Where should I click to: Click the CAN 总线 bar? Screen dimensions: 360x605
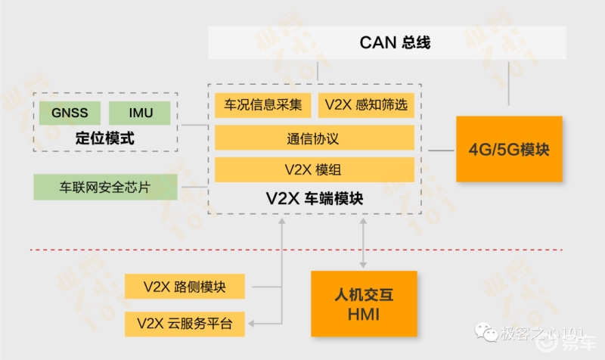[387, 42]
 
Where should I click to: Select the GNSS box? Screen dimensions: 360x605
[70, 113]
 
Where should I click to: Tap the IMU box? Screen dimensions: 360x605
[140, 113]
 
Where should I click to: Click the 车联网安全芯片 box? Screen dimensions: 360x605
[105, 187]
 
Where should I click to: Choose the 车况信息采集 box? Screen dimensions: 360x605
[262, 105]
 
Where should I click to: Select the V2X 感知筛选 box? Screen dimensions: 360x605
[366, 105]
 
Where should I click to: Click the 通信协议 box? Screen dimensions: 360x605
[314, 138]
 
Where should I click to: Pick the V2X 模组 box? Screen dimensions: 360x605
[314, 169]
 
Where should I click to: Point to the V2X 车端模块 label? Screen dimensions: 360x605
[314, 199]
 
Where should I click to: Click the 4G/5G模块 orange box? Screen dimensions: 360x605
[509, 149]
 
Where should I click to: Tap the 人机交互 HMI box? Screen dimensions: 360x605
[364, 303]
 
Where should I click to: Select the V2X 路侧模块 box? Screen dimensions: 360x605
[185, 287]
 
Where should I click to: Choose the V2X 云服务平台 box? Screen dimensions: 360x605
[185, 324]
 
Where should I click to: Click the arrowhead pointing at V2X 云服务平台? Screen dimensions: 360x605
[252, 324]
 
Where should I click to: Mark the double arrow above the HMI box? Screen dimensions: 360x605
[364, 242]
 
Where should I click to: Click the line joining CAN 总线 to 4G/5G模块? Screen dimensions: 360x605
[509, 87]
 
